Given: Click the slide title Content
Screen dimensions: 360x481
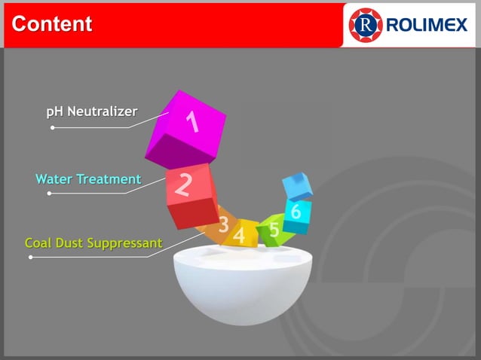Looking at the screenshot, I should pyautogui.click(x=52, y=24).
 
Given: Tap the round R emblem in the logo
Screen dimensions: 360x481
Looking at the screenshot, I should pyautogui.click(x=366, y=25).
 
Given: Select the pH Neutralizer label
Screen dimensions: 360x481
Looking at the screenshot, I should pyautogui.click(x=91, y=111).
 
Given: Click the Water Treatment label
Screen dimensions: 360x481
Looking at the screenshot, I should pyautogui.click(x=88, y=179).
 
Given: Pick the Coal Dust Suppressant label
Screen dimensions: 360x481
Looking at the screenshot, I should pyautogui.click(x=93, y=243).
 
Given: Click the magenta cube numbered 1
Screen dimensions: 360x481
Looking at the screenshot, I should pyautogui.click(x=186, y=130).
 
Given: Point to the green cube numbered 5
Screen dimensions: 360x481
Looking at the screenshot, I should pyautogui.click(x=271, y=229).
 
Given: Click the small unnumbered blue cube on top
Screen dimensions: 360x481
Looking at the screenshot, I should pyautogui.click(x=297, y=185).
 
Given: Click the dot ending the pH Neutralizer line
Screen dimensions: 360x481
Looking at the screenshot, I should pyautogui.click(x=52, y=127).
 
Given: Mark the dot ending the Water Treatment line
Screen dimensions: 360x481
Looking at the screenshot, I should pyautogui.click(x=49, y=194).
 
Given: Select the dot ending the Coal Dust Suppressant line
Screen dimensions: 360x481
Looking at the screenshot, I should pyautogui.click(x=30, y=257).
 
